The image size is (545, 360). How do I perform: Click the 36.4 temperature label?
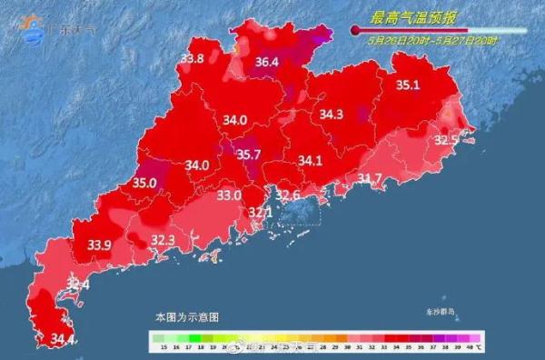(266, 63)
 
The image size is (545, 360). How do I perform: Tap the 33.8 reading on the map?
(192, 59)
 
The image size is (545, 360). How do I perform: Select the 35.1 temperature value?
(408, 85)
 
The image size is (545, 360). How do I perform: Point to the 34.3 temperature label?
(332, 115)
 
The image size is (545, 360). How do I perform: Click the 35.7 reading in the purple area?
(249, 155)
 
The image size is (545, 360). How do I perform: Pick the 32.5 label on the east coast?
(445, 140)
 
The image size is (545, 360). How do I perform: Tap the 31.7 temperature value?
(370, 177)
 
